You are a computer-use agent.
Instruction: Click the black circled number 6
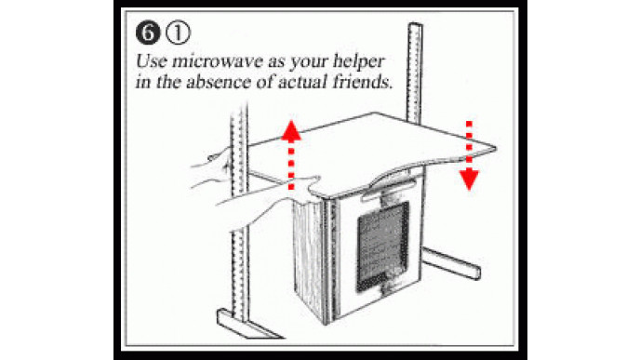(x=148, y=33)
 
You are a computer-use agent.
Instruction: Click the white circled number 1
(x=178, y=33)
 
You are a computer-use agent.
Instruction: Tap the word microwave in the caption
(x=218, y=61)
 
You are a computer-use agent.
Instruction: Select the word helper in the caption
(x=359, y=61)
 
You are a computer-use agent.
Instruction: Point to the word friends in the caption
(x=362, y=82)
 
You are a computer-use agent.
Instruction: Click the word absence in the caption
(x=218, y=82)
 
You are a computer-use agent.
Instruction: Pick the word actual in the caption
(x=302, y=82)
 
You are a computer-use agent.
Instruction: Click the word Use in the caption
(x=151, y=61)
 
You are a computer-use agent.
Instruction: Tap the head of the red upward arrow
(x=291, y=130)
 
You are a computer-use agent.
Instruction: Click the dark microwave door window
(x=383, y=247)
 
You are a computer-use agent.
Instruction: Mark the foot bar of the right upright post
(x=451, y=263)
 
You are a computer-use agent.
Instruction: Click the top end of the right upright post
(x=415, y=25)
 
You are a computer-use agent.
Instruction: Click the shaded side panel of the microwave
(x=309, y=257)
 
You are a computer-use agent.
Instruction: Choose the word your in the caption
(x=309, y=62)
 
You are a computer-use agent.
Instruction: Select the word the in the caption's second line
(x=168, y=82)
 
